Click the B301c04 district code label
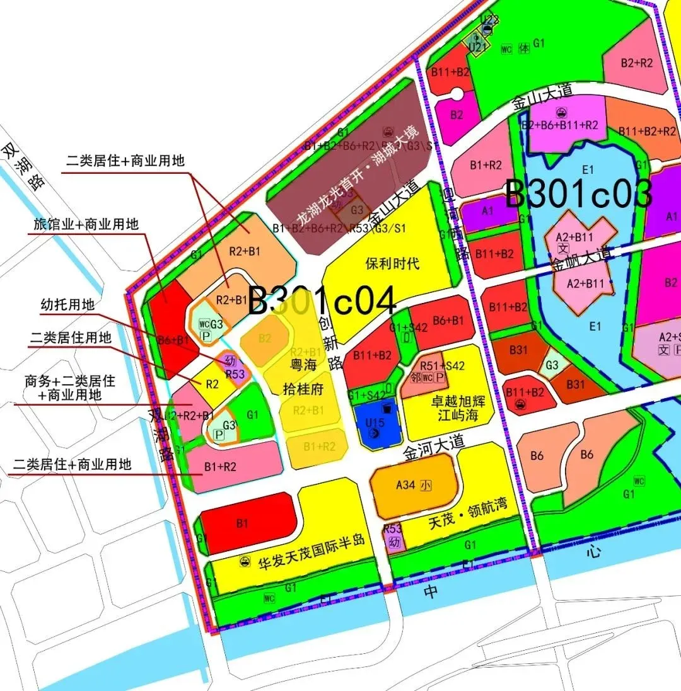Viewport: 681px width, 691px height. (322, 300)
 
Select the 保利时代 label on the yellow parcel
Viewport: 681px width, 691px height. (392, 263)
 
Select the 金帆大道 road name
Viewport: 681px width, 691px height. (581, 259)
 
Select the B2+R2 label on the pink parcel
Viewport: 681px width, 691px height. (636, 63)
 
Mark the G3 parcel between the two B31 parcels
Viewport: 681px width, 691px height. (552, 365)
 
